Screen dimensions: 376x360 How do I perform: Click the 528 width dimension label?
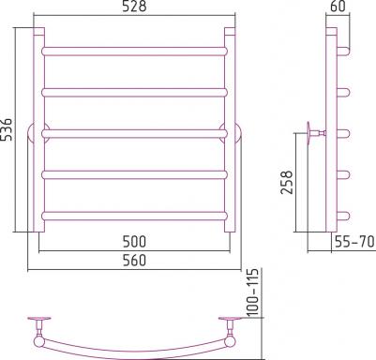[134, 7]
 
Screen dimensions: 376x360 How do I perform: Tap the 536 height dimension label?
[7, 129]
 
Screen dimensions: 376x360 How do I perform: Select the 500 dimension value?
[134, 242]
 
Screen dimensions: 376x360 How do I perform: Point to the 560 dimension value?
[134, 260]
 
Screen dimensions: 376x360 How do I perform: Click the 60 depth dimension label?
[338, 7]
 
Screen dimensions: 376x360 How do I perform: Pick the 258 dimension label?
[287, 182]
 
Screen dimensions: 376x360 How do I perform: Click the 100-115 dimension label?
[253, 292]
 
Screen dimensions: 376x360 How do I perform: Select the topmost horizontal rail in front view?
[134, 52]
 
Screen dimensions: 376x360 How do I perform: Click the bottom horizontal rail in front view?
[134, 217]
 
